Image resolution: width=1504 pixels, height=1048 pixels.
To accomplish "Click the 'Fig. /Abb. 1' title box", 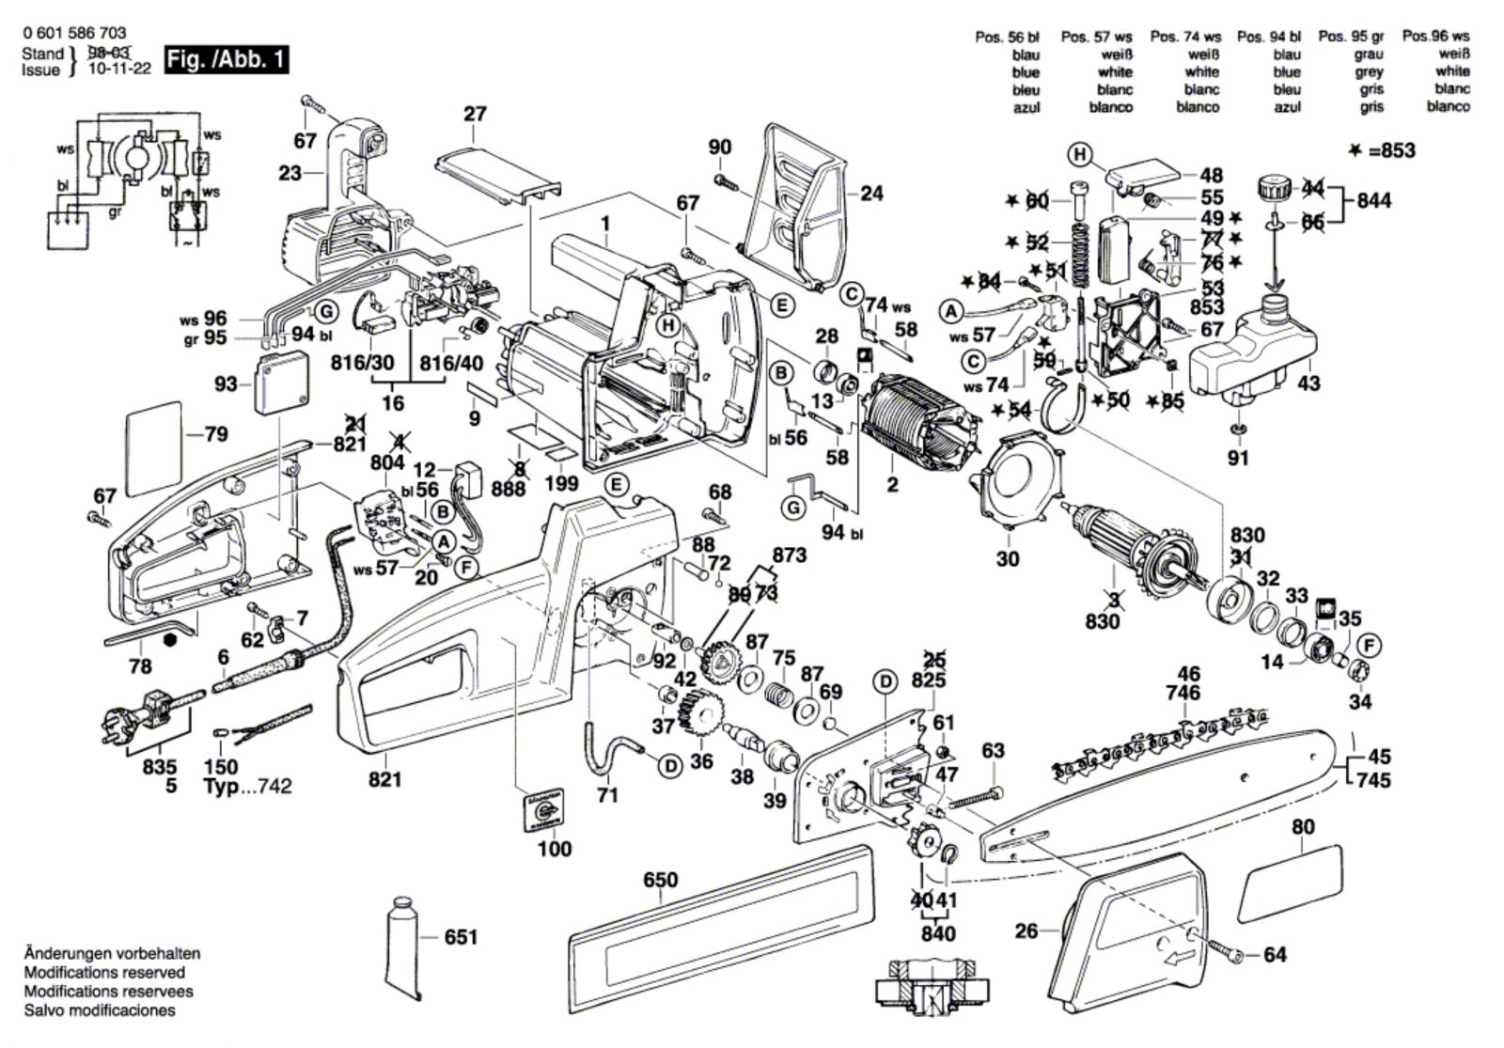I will click(226, 60).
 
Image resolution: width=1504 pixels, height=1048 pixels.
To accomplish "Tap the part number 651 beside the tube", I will click(461, 937).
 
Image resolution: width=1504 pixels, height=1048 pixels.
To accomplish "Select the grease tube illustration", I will click(405, 949).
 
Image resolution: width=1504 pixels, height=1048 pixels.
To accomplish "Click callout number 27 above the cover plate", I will click(476, 114).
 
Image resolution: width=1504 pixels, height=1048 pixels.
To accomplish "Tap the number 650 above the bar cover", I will click(660, 881).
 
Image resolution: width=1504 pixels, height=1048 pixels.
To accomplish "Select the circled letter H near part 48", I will click(1080, 154).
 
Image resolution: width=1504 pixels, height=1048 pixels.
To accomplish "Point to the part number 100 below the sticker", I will click(555, 849).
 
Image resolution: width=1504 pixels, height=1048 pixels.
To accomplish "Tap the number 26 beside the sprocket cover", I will click(1026, 931).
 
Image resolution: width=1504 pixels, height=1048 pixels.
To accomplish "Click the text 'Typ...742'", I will click(247, 786).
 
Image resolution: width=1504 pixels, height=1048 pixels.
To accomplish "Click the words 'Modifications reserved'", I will click(104, 973).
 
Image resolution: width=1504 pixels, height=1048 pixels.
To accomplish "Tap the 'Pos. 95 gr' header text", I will click(1351, 37).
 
